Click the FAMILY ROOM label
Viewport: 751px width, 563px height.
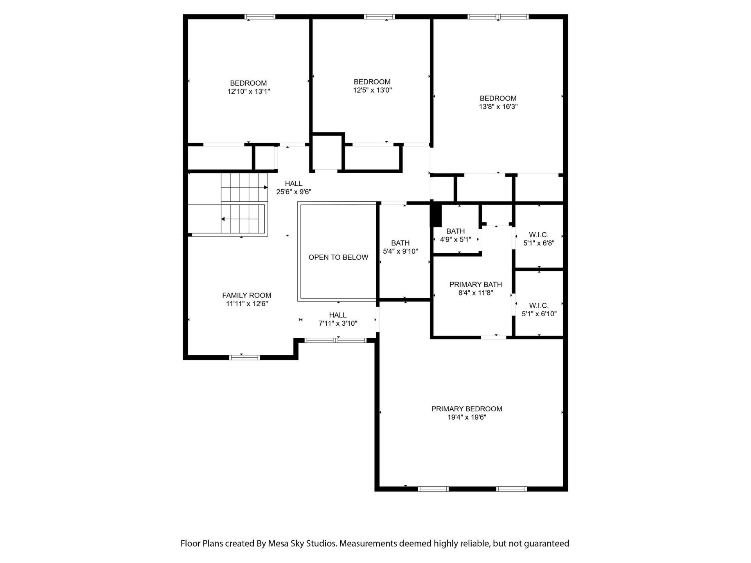[246, 296]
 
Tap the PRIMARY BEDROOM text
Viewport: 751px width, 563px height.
[467, 409]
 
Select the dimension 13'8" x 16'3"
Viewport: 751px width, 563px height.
[498, 107]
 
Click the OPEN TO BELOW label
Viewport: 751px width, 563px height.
[338, 257]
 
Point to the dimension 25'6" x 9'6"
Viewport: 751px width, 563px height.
[293, 192]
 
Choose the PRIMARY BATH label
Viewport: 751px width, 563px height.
[475, 285]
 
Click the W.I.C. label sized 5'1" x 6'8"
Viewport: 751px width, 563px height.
[539, 235]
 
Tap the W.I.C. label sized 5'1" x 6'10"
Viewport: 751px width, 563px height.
[539, 306]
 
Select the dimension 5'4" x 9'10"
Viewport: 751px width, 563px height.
[400, 251]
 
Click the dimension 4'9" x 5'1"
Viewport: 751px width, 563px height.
[455, 240]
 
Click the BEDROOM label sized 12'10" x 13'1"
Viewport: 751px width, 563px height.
[248, 83]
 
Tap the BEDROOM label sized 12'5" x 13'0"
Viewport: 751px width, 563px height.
[372, 82]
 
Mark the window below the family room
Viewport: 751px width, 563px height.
[244, 357]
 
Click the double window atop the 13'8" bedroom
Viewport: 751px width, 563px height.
[498, 17]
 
